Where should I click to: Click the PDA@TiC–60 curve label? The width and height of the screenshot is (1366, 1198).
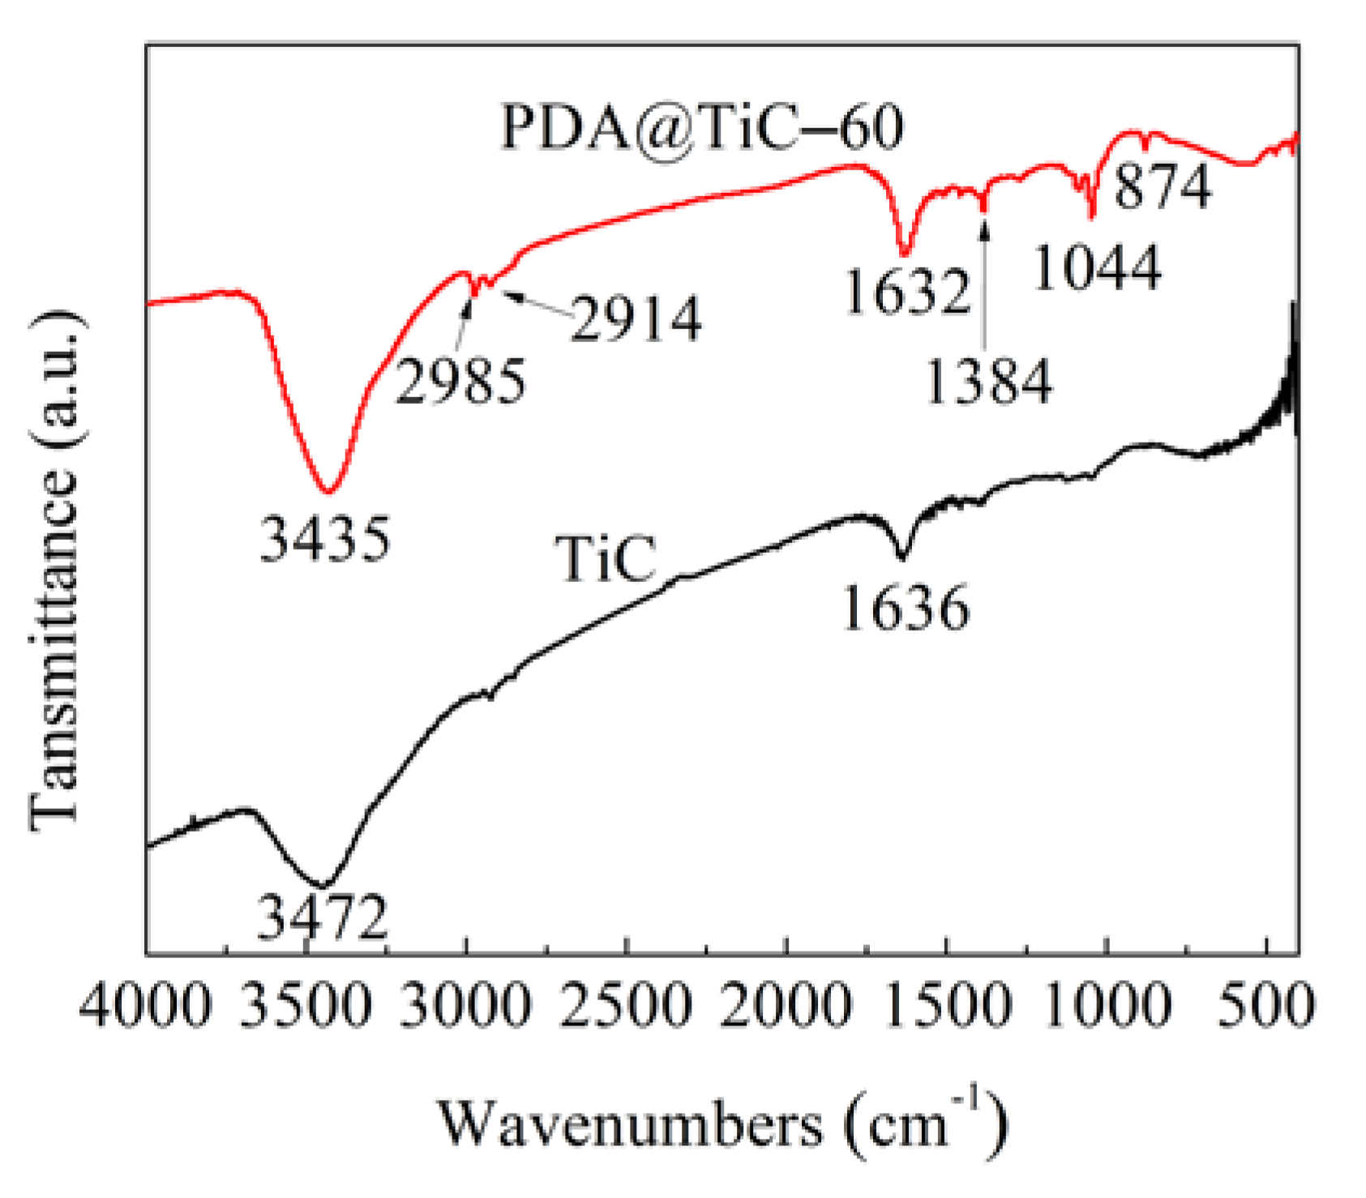pyautogui.click(x=702, y=127)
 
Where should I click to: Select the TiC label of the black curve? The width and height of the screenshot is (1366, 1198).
pyautogui.click(x=605, y=558)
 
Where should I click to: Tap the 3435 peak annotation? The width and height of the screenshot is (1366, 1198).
pyautogui.click(x=325, y=539)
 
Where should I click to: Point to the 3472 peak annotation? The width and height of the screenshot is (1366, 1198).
pyautogui.click(x=323, y=918)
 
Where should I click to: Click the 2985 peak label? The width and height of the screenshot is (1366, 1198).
pyautogui.click(x=460, y=381)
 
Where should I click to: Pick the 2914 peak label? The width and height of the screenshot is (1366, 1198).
pyautogui.click(x=636, y=319)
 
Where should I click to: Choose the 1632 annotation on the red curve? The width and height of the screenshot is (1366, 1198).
pyautogui.click(x=907, y=291)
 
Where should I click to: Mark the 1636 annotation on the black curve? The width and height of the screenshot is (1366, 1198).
pyautogui.click(x=906, y=608)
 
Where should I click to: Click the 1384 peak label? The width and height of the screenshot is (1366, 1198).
pyautogui.click(x=988, y=381)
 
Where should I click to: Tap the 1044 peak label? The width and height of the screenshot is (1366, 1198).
pyautogui.click(x=1097, y=267)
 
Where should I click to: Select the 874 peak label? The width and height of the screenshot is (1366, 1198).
pyautogui.click(x=1163, y=186)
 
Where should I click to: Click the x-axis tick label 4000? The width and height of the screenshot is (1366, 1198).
pyautogui.click(x=146, y=1007)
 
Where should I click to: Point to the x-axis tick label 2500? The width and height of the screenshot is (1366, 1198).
pyautogui.click(x=626, y=1007)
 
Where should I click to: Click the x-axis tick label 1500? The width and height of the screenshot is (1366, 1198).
pyautogui.click(x=946, y=1007)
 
